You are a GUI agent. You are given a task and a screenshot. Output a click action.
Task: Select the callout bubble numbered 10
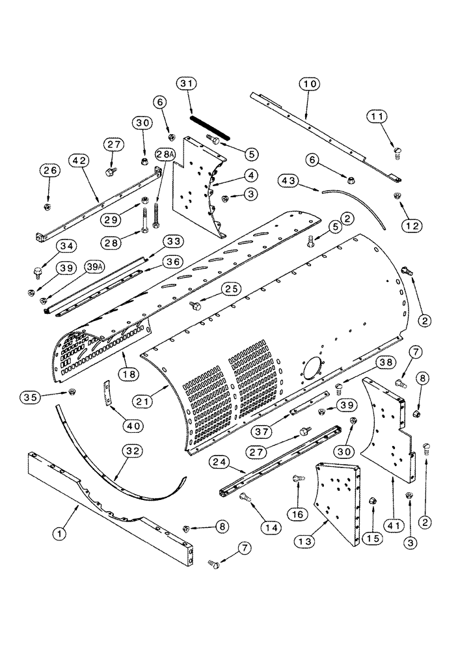[310, 84]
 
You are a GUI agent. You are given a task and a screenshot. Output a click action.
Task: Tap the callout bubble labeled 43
[291, 180]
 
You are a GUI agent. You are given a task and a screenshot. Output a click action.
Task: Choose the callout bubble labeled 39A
[94, 268]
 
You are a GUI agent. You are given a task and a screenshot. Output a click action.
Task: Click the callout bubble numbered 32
[131, 450]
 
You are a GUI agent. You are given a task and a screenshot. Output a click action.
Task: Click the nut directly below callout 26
[47, 207]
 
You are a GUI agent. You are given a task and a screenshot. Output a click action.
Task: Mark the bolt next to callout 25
[193, 305]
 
